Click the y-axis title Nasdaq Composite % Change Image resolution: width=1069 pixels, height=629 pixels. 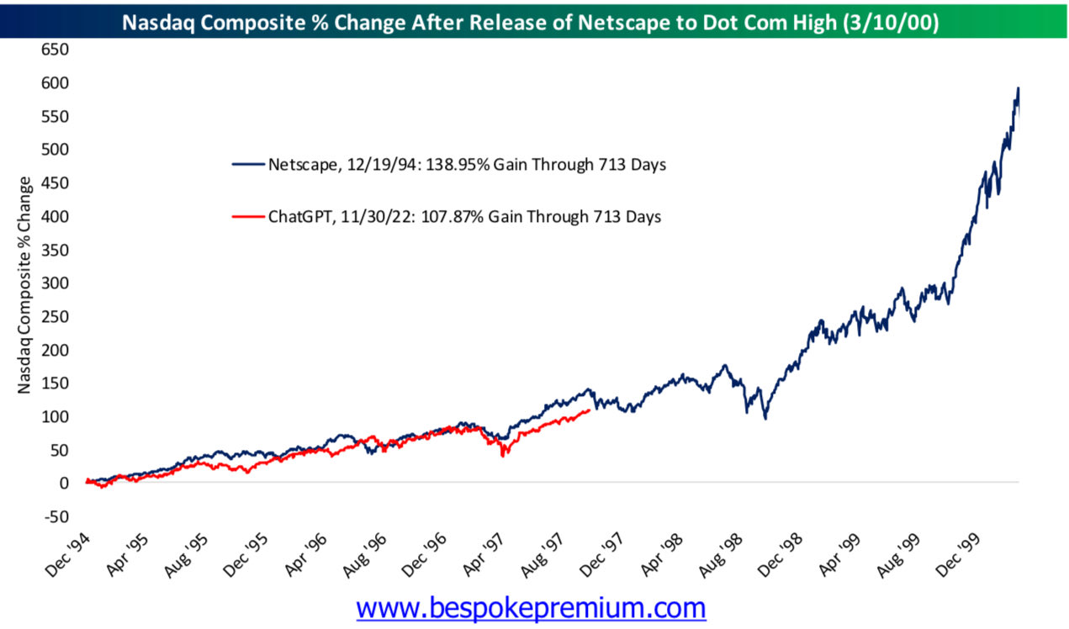(25, 286)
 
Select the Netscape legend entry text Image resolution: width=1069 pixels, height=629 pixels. (467, 165)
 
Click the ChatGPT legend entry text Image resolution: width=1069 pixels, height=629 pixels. (464, 217)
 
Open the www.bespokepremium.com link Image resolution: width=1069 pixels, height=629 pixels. (531, 607)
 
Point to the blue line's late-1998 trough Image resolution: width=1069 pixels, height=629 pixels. (765, 417)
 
